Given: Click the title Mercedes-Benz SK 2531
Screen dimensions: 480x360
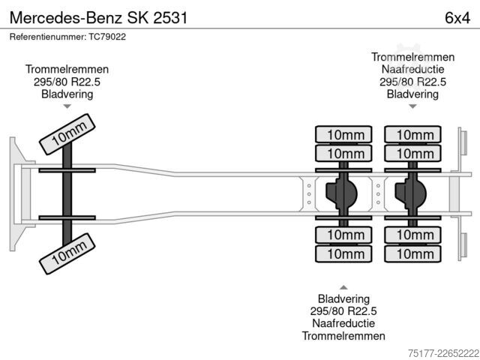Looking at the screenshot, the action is pos(98,18).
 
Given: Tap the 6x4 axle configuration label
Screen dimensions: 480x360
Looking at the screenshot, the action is pos(457,18).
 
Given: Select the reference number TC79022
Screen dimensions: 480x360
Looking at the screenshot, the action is pos(107,37).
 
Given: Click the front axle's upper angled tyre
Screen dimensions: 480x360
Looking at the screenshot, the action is pos(67,134).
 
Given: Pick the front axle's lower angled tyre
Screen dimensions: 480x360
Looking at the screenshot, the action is pos(67,253).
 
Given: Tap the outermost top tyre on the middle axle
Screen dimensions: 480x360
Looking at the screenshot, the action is pos(343,134).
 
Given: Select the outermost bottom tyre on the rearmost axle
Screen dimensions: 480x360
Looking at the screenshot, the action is pos(413,253).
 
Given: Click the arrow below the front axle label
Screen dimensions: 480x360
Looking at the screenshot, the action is pos(67,106).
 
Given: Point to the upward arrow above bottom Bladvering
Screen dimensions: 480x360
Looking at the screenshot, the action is pos(343,287).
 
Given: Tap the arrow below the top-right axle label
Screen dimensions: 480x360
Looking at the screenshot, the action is pos(412,106).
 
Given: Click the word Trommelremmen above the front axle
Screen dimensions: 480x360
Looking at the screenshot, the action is pos(67,69).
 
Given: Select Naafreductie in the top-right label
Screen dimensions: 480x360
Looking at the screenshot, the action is pos(412,69).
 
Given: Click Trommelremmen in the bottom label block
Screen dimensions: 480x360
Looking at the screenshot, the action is pos(343,336).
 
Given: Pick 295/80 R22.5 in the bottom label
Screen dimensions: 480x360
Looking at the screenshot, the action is pos(343,311).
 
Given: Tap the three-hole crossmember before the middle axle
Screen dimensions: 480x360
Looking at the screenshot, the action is pos(309,193).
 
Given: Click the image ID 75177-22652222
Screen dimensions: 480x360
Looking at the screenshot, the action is pos(443,353).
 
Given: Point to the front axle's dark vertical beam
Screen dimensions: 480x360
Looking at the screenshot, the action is pos(67,194).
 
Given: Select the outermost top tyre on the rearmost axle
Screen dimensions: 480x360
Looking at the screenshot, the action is pos(413,134).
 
